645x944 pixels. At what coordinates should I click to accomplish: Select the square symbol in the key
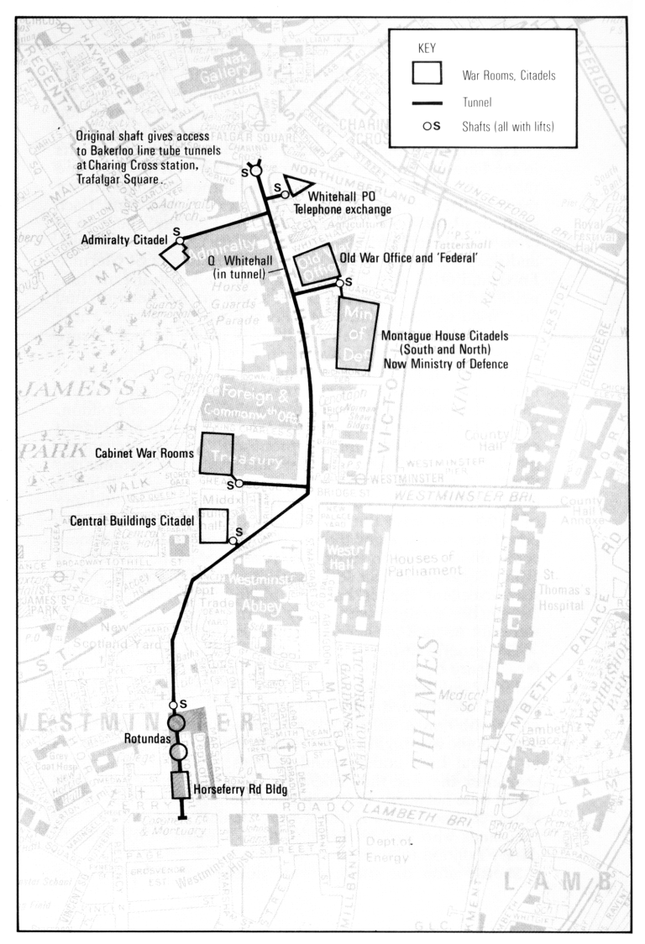[x=427, y=74]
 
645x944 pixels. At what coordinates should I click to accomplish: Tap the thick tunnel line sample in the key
[x=427, y=102]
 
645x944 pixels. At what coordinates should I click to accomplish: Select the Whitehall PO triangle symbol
[x=297, y=185]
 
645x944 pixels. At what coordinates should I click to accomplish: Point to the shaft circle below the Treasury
[x=239, y=483]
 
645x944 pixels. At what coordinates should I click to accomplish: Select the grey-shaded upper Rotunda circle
[x=176, y=722]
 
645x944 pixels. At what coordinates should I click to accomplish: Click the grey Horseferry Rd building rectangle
[x=179, y=786]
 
